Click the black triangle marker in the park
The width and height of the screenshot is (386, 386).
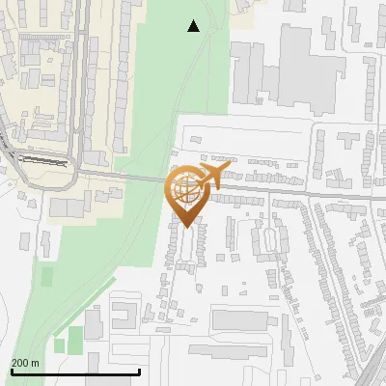[194, 27]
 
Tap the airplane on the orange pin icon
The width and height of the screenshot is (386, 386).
[212, 175]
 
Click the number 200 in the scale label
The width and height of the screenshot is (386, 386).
[21, 363]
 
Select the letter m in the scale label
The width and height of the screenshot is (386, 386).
[36, 363]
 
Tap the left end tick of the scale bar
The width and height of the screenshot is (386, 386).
[10, 371]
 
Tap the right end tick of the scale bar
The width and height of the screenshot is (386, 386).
[140, 371]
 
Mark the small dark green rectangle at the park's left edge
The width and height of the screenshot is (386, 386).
[47, 278]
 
